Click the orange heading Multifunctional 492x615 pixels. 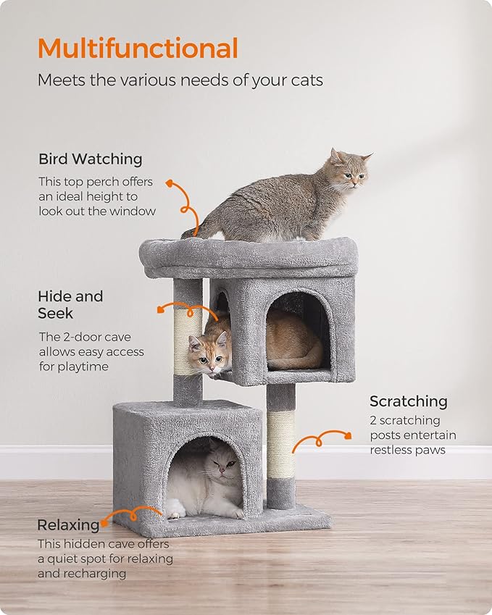pos(138,49)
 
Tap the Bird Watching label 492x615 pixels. pos(91,159)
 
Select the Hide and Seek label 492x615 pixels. pos(70,304)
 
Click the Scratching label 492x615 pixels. pos(408,401)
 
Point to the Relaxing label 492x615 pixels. pos(68,524)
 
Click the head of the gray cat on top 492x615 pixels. pos(349,169)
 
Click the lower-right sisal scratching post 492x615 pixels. pos(280,443)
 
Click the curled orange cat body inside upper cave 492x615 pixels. pos(293,340)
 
